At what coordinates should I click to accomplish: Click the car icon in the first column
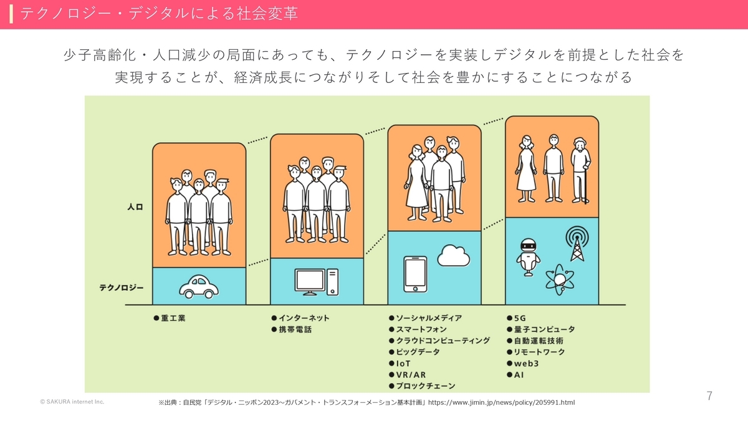tap(199, 286)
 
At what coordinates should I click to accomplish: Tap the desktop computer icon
tap(316, 282)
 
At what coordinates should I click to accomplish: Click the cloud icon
tap(454, 256)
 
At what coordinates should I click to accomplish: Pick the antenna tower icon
tap(577, 244)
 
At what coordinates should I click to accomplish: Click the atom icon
tap(559, 278)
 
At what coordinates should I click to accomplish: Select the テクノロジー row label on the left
tap(122, 288)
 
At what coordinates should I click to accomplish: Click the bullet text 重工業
tap(173, 318)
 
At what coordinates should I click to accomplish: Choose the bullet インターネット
tap(303, 318)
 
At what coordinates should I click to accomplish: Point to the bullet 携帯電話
tap(294, 329)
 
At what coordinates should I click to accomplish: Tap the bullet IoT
tap(403, 364)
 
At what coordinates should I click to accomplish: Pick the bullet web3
tap(527, 364)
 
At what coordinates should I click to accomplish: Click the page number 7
tap(709, 396)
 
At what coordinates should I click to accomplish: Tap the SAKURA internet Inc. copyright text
tap(72, 402)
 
